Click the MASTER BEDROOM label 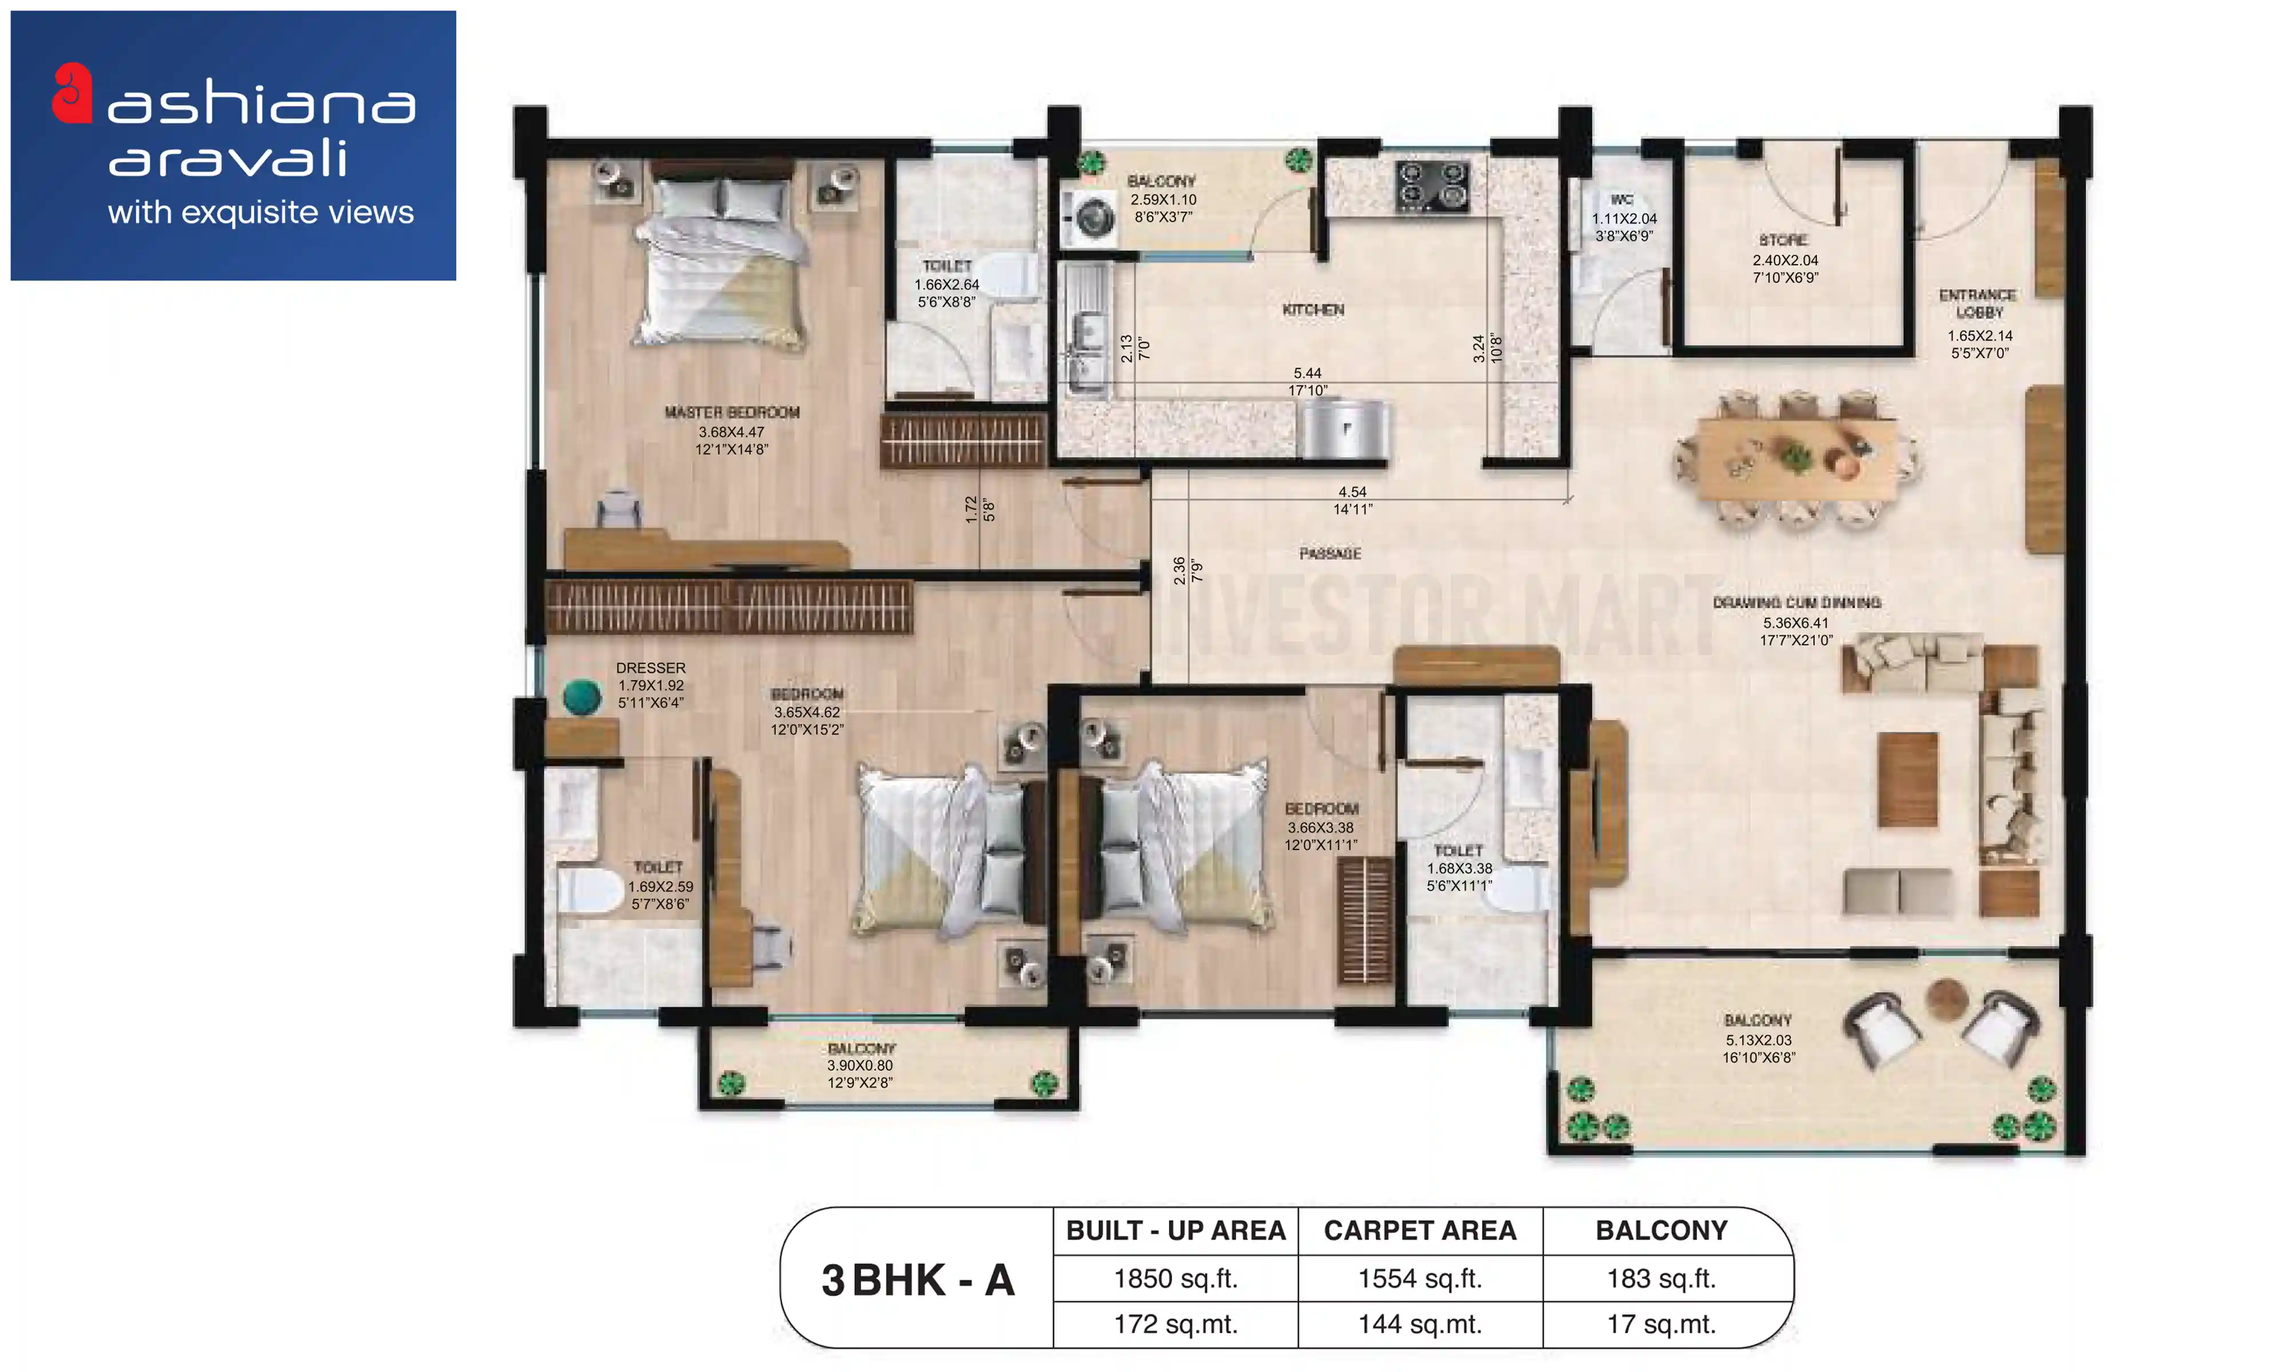[x=731, y=412]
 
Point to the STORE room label [x=1783, y=240]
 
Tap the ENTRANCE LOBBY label [x=1977, y=303]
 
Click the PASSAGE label [x=1329, y=554]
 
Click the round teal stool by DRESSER [x=581, y=697]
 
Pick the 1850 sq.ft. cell [x=1175, y=1279]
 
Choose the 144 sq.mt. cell [x=1419, y=1324]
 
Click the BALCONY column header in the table [x=1661, y=1231]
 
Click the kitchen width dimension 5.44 [x=1307, y=373]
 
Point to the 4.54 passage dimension [x=1352, y=492]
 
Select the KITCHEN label [x=1313, y=310]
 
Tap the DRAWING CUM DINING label [x=1796, y=603]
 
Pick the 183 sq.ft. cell [x=1661, y=1279]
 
